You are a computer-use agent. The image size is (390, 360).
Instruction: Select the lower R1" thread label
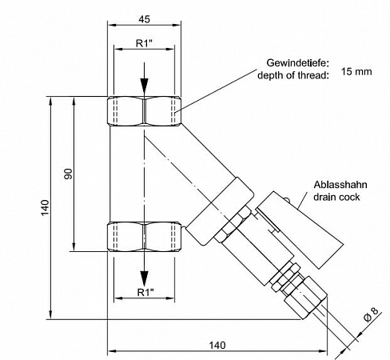[144, 292]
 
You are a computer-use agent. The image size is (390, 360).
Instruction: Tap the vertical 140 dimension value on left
[46, 208]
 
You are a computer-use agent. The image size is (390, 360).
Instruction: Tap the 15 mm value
[357, 71]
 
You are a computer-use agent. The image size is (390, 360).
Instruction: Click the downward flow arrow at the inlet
[144, 86]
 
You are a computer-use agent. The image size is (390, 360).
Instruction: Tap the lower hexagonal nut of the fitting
[144, 238]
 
